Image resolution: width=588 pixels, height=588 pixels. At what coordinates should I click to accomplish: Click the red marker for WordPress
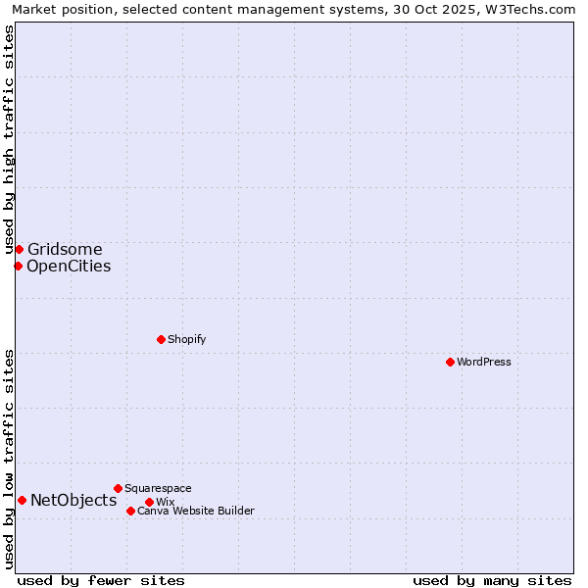tap(450, 362)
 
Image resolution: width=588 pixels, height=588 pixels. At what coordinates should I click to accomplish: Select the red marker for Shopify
tap(161, 339)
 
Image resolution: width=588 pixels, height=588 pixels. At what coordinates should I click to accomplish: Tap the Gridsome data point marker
tap(19, 249)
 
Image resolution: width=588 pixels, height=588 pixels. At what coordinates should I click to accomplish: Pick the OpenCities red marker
tap(18, 266)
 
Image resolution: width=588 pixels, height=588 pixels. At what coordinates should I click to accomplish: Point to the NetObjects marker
tap(22, 500)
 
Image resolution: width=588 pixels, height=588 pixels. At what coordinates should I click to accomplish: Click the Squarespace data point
tap(118, 488)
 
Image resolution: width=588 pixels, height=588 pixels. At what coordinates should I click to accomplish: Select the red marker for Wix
tap(149, 502)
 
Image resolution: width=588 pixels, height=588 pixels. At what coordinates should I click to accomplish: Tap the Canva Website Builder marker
tap(130, 511)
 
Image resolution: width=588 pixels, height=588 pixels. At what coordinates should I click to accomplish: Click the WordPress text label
tap(484, 362)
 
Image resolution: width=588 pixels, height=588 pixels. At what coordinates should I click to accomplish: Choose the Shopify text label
tap(186, 339)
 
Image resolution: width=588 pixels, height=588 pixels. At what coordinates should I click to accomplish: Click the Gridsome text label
tap(65, 249)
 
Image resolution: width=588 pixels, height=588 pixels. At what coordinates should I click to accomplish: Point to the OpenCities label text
tap(69, 266)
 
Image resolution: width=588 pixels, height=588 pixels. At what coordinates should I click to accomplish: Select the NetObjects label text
tap(73, 500)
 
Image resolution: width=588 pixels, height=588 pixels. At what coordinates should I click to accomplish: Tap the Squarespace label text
tap(158, 488)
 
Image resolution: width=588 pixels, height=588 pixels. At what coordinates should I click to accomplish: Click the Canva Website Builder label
tap(195, 511)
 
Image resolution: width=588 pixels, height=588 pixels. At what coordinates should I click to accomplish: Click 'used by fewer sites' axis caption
tap(101, 580)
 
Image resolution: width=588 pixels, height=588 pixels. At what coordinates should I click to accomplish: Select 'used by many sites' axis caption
tap(492, 580)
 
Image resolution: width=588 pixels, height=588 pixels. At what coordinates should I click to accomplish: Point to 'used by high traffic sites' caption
tap(10, 139)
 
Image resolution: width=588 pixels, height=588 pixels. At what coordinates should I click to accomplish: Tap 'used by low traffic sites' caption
tap(10, 459)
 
